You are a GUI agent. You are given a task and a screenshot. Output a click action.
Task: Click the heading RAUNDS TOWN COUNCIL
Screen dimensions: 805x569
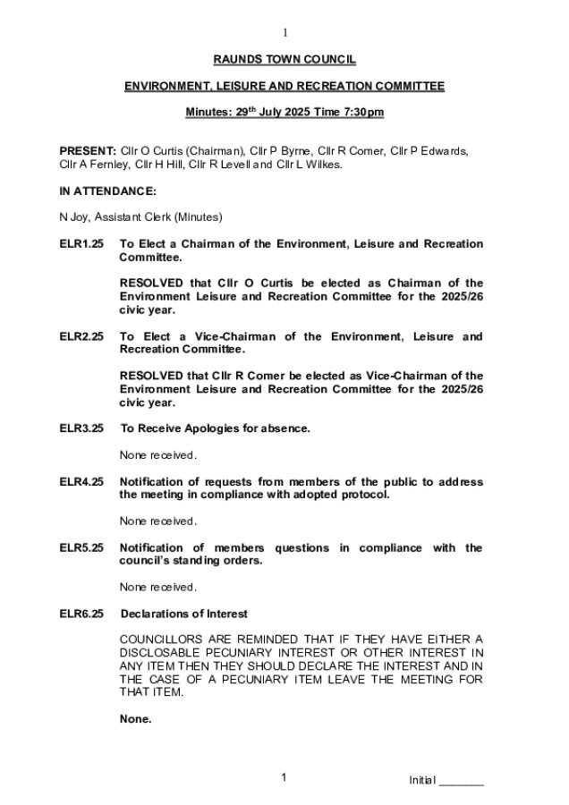coord(284,59)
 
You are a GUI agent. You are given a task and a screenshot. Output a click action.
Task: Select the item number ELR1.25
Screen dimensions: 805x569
coord(81,243)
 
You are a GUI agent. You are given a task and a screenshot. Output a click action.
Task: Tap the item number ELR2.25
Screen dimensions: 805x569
coord(81,336)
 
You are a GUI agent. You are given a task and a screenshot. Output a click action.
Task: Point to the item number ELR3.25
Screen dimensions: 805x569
coord(81,428)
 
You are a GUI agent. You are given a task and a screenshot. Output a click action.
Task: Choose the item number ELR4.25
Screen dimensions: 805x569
coord(81,482)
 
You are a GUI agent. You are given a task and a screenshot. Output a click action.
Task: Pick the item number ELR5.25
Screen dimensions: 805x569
coord(81,548)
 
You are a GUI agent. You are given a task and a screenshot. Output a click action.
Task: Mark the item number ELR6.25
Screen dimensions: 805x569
coord(81,614)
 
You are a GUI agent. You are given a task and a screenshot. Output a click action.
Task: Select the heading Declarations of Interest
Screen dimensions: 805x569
coord(183,614)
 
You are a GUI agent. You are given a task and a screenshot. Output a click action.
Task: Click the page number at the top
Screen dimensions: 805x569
coord(284,33)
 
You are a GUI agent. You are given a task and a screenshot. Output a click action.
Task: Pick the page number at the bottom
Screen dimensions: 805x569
coord(284,778)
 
